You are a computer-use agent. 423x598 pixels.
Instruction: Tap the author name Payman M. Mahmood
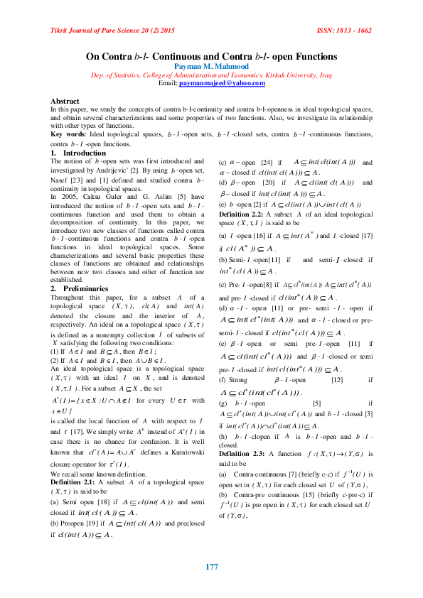coord(211,67)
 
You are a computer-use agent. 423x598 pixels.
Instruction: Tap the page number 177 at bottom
coord(211,567)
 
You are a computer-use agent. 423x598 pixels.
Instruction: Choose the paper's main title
coord(211,56)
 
